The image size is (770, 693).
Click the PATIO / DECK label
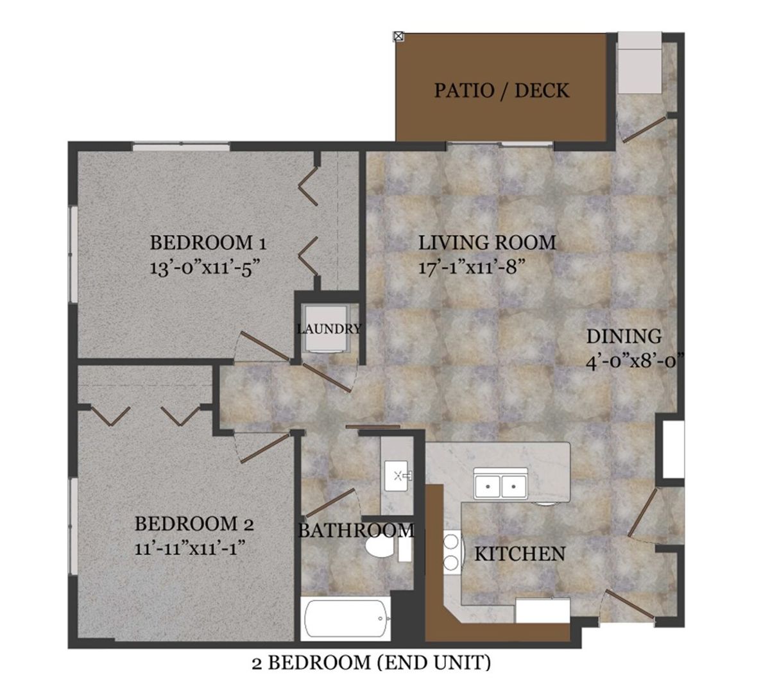[501, 90]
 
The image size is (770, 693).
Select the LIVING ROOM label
[487, 243]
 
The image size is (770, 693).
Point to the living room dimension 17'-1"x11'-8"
[472, 266]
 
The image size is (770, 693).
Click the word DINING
[624, 336]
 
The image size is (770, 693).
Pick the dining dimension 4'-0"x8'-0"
[635, 361]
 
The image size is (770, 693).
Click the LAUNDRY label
[329, 329]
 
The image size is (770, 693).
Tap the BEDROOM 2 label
[194, 524]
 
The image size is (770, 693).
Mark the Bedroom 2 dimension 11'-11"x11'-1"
[190, 548]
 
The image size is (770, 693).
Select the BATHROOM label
[356, 531]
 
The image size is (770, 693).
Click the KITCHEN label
[520, 554]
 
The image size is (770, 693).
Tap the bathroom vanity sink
[398, 476]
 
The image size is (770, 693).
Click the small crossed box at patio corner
[398, 37]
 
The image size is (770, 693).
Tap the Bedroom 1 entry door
[265, 346]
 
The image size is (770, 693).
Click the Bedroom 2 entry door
[264, 447]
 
